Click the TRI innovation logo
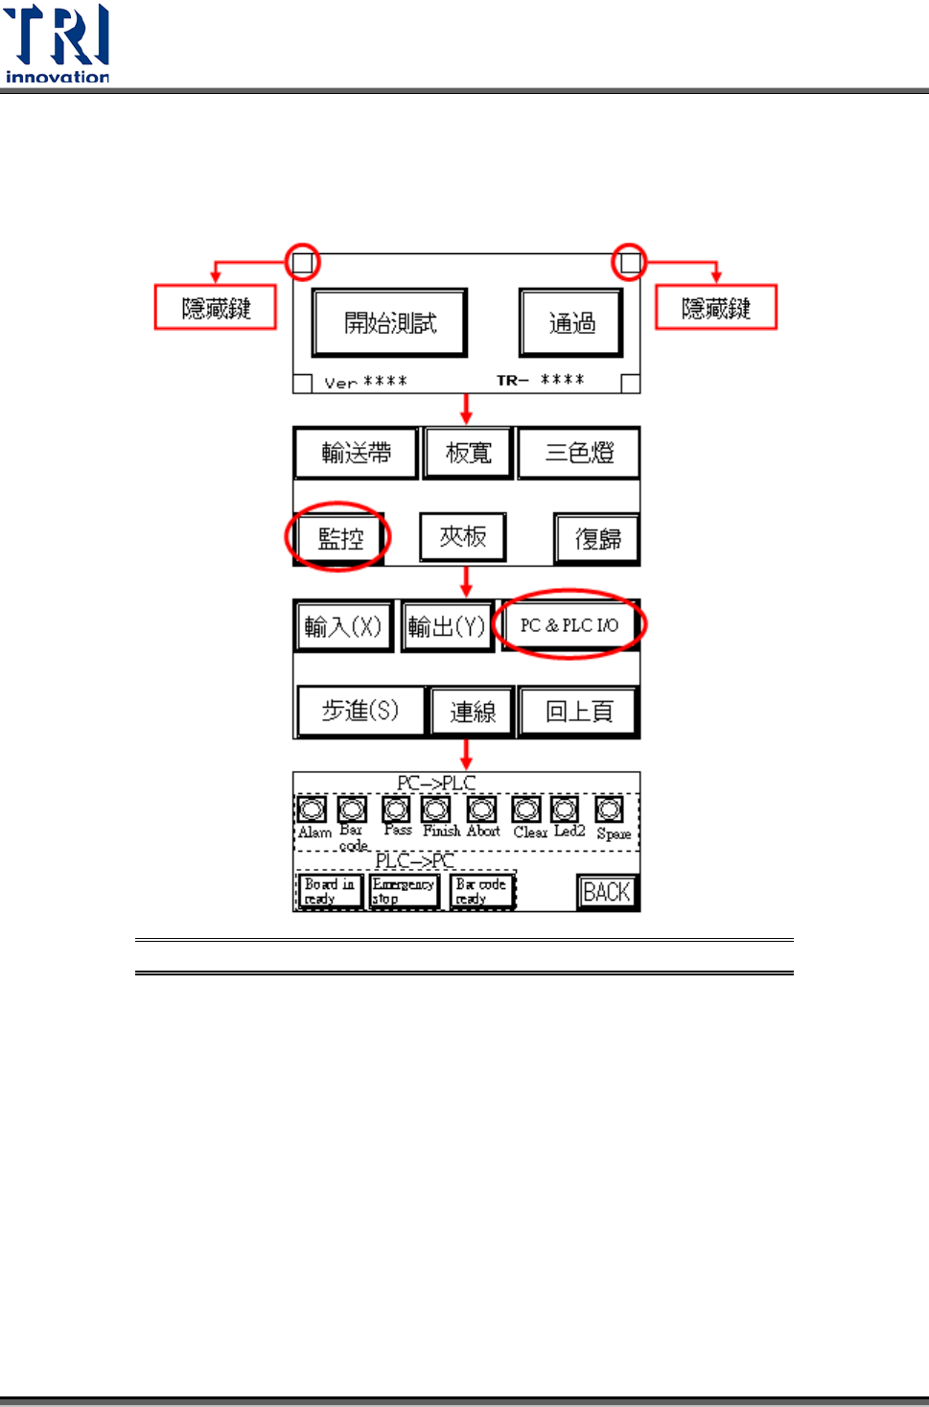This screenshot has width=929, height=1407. pos(58,44)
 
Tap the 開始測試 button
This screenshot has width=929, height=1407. pos(389,322)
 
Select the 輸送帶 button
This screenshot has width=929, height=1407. pos(356,453)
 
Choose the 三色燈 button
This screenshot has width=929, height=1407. pos(578,453)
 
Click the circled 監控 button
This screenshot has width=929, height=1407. pos(339,538)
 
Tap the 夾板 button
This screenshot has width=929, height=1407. pos(462,537)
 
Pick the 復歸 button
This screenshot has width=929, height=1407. pos(596,539)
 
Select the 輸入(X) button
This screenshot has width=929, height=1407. pos(343,626)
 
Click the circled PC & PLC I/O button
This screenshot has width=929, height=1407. pos(569,625)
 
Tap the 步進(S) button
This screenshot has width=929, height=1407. pos(360,711)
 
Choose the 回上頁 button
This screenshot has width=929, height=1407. pos(578,712)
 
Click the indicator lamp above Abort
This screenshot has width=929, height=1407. pos(481,809)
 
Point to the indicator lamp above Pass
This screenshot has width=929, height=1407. pos(396,809)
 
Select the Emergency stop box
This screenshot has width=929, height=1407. pos(403,891)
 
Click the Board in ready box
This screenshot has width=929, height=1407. pos(329,891)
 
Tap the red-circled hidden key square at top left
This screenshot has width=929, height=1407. pos(303,261)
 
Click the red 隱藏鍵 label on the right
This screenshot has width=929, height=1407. pos(715,308)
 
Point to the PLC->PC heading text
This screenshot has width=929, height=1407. pos(414,861)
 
